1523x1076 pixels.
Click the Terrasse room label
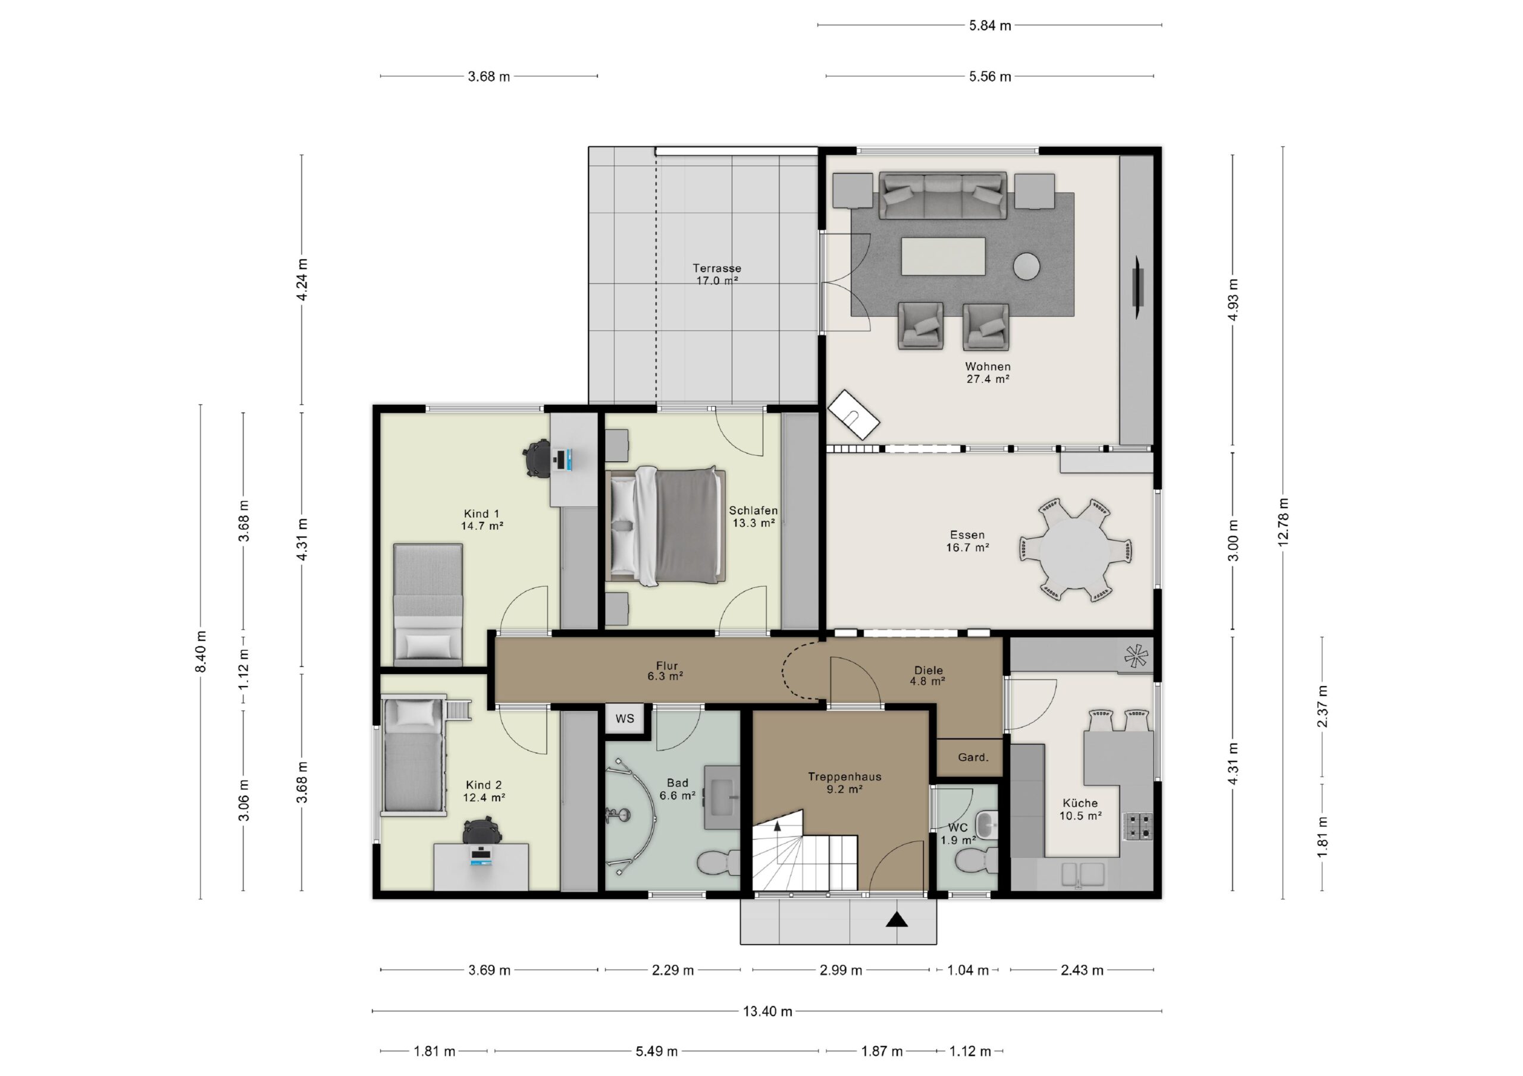pos(717,269)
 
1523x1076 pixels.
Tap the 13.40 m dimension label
pos(767,1012)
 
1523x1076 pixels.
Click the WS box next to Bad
pos(625,719)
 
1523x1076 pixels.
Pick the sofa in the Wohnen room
pos(942,196)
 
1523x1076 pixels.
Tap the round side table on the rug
pos(1026,266)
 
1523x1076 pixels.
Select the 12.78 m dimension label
pos(1283,522)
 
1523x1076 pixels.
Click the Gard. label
pos(973,757)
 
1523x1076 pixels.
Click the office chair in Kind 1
pos(537,458)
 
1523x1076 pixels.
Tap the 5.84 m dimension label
pos(990,26)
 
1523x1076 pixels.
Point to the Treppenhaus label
pos(844,776)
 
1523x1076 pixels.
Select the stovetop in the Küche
pos(1137,826)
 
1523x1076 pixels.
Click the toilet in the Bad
pos(719,863)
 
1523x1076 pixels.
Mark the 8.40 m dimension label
pos(200,652)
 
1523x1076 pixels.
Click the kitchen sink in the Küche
pos(1083,874)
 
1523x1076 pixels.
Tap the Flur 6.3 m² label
pos(666,671)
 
